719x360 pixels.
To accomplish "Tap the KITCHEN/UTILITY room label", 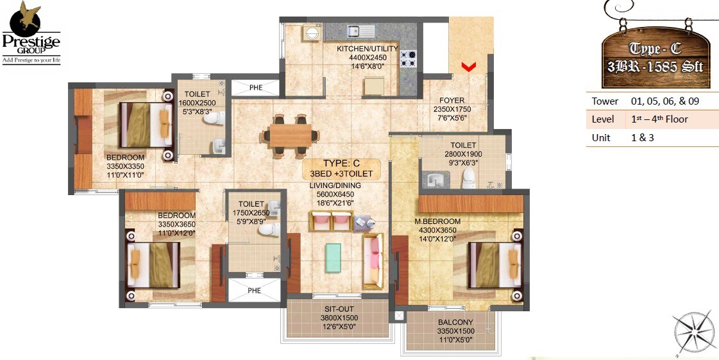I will pos(368,49).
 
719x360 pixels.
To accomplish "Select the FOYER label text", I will pos(452,101).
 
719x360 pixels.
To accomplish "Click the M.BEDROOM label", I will pos(437,222).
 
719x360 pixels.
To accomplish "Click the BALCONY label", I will pos(455,322).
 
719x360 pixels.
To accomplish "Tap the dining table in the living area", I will pos(289,136).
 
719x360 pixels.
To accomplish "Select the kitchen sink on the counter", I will pos(360,31).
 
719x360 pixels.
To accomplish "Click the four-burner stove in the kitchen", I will pos(409,59).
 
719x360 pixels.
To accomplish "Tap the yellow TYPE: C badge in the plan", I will pos(342,169).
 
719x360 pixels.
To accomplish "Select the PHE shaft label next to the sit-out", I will pos(255,291).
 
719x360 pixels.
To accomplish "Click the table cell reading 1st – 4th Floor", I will pos(659,119).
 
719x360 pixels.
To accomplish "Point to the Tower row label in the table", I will pos(605,101).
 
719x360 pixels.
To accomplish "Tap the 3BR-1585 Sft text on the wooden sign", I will pos(656,67).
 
